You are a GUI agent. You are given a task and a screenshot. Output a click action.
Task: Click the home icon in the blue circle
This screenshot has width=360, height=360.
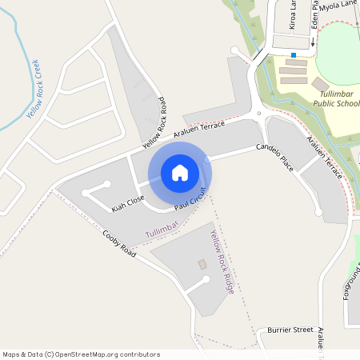pyautogui.click(x=180, y=173)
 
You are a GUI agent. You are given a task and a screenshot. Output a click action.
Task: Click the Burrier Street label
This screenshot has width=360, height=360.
pyautogui.click(x=290, y=329)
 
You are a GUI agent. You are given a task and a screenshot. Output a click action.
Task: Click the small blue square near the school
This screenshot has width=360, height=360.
pyautogui.click(x=294, y=54)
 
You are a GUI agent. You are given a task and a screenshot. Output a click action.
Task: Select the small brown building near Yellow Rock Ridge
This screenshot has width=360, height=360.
pyautogui.click(x=202, y=263)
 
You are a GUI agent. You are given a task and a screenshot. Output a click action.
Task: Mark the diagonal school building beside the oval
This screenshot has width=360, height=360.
pyautogui.click(x=320, y=84)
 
